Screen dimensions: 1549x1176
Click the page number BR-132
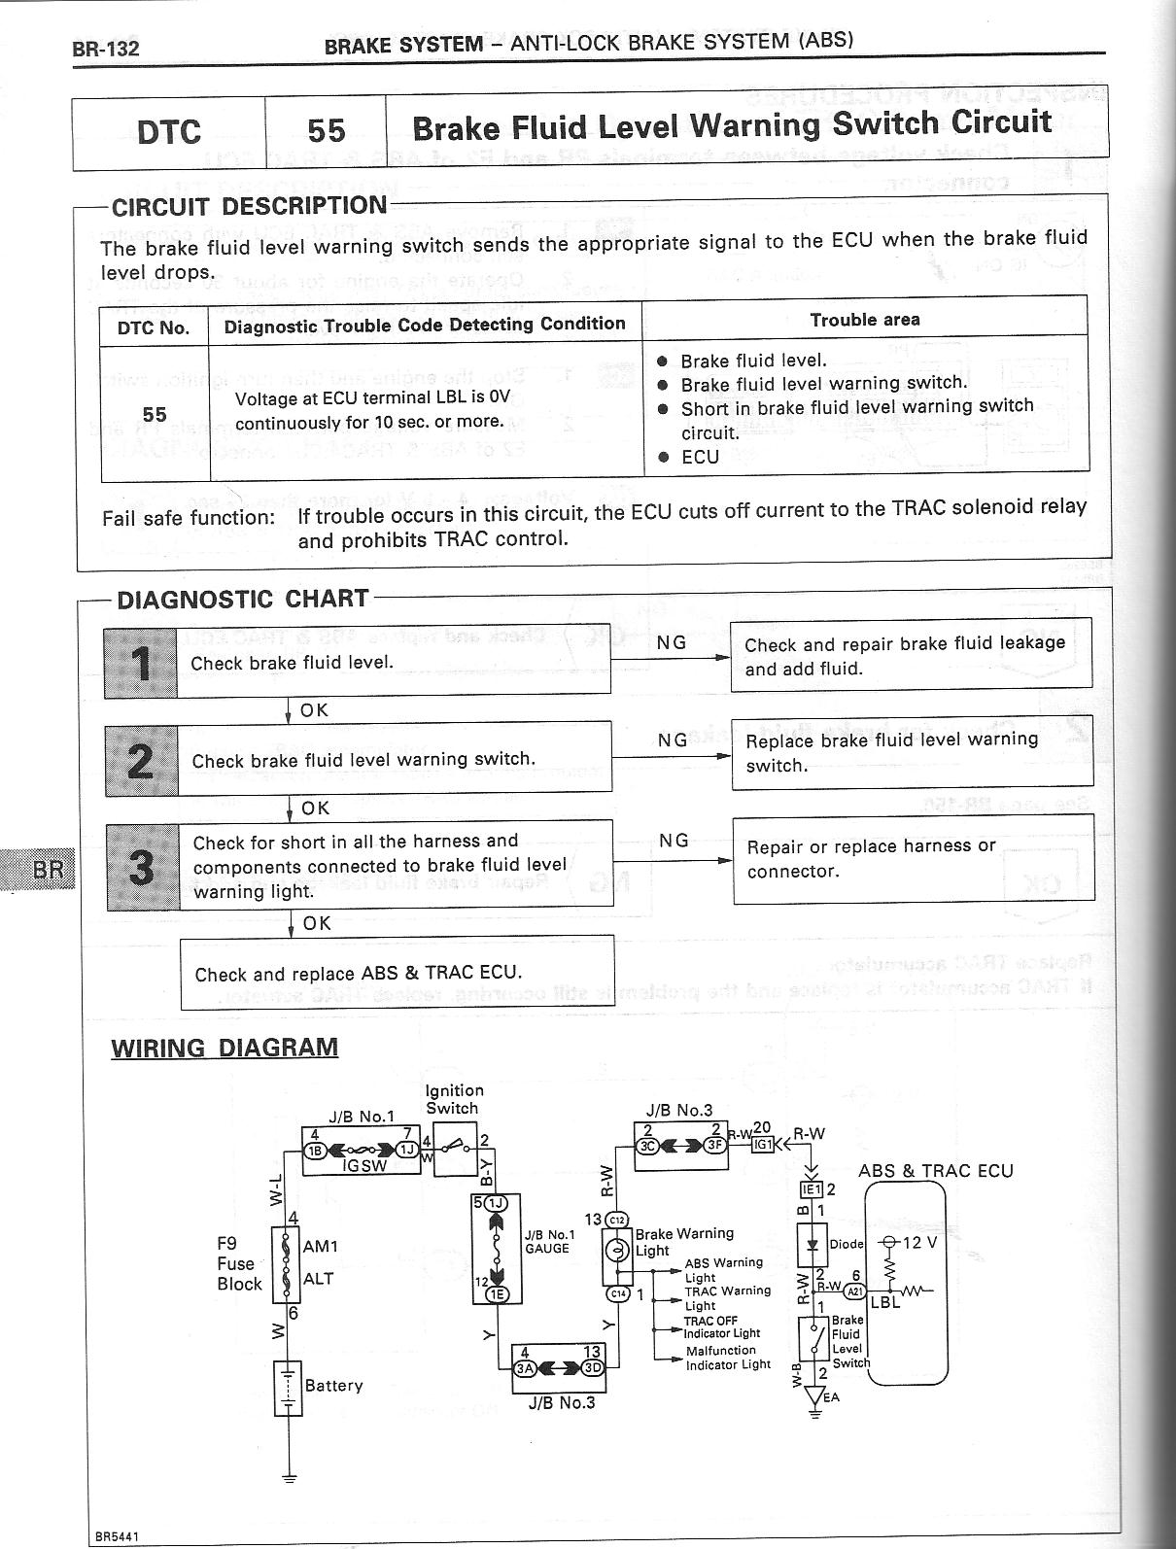(x=106, y=49)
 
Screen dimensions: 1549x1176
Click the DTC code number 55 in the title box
(x=326, y=131)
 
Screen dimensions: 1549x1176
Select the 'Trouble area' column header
(x=864, y=320)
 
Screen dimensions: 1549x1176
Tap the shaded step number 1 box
(x=141, y=663)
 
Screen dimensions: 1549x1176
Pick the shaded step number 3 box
(x=143, y=866)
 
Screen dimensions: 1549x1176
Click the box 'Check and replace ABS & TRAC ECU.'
(x=398, y=973)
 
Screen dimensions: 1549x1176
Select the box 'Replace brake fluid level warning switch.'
(x=912, y=752)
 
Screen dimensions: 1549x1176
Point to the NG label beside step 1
(x=672, y=642)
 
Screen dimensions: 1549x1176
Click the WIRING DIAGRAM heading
(x=225, y=1048)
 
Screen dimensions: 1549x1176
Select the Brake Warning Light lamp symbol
(x=618, y=1249)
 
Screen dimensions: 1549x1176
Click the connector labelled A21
(x=854, y=1291)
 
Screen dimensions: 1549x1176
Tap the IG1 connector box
(x=764, y=1145)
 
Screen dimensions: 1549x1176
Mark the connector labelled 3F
(x=714, y=1145)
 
